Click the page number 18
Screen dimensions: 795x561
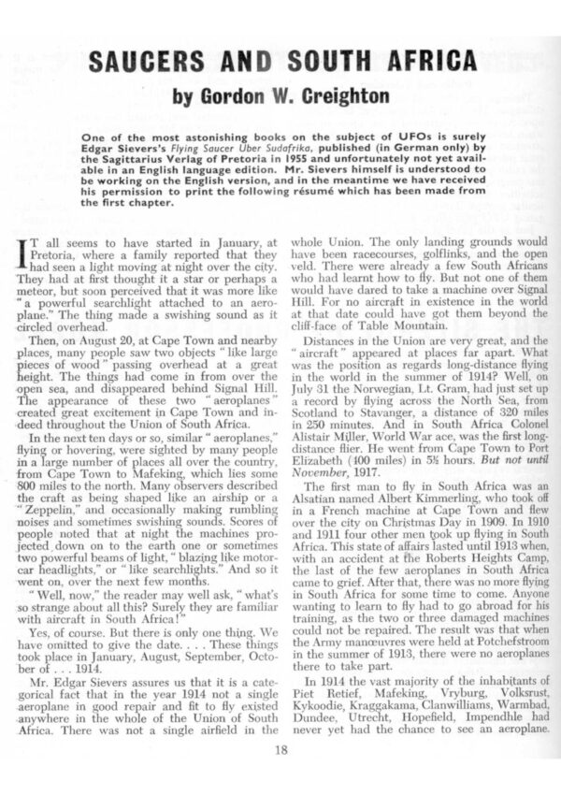coord(281,749)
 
